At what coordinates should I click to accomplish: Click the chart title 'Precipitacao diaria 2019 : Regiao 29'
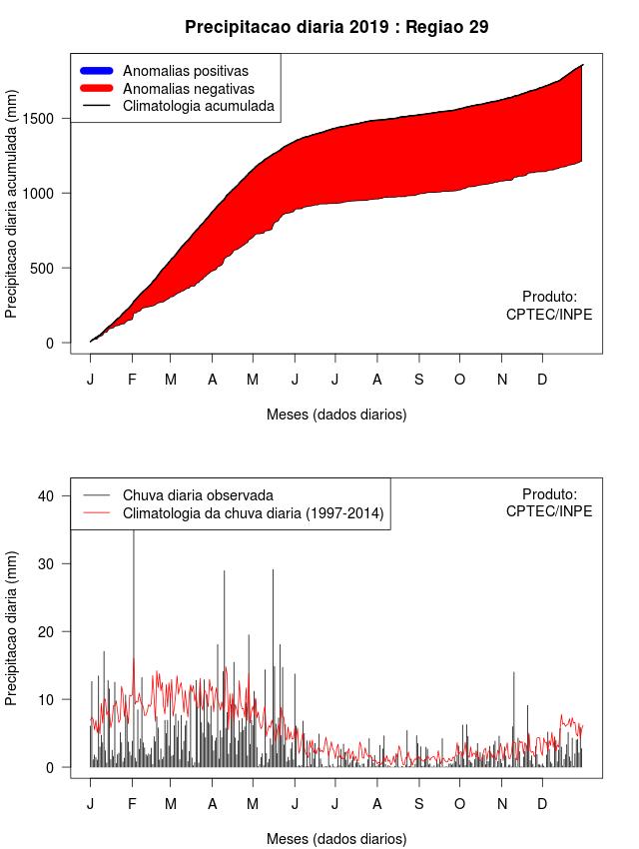(336, 27)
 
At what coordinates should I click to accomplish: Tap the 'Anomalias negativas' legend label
(188, 88)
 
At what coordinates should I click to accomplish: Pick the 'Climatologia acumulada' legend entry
(198, 105)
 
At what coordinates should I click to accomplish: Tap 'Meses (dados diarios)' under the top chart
(336, 414)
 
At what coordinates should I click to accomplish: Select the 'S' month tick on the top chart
(419, 380)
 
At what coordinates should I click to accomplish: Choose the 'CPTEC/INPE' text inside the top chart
(549, 314)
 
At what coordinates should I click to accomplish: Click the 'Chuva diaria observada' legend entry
(198, 495)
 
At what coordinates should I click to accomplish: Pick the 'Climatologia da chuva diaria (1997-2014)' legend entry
(253, 513)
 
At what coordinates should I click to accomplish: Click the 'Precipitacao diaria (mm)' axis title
(12, 627)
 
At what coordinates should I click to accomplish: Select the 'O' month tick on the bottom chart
(459, 804)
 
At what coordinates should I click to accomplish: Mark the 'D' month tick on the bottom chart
(542, 804)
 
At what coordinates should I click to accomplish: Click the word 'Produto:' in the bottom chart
(549, 494)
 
